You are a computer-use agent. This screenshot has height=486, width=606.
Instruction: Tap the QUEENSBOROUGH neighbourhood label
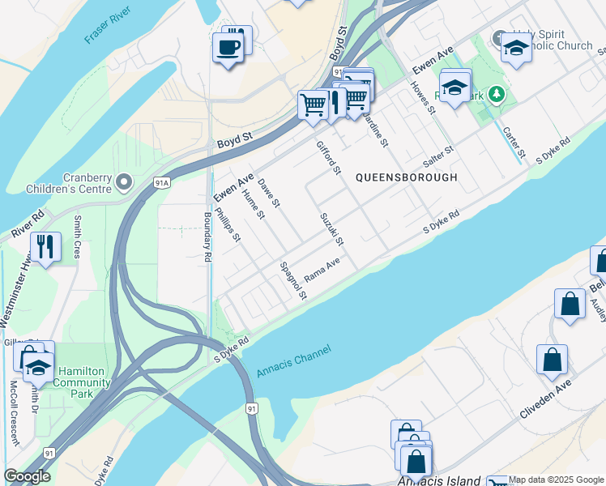[406, 177]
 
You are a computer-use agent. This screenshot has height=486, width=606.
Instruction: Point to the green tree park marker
[496, 95]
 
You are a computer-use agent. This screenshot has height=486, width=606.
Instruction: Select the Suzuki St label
[332, 229]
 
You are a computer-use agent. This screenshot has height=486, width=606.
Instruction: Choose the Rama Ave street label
[321, 271]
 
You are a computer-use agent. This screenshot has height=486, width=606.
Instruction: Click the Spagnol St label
[292, 280]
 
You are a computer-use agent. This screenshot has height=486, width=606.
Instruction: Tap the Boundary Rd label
[207, 236]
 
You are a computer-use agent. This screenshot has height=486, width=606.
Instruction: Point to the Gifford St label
[329, 157]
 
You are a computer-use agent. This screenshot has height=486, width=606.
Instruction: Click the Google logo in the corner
[27, 476]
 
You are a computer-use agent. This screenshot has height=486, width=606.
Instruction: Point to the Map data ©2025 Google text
[556, 480]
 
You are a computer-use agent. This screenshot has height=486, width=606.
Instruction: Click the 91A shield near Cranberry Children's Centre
[163, 184]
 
